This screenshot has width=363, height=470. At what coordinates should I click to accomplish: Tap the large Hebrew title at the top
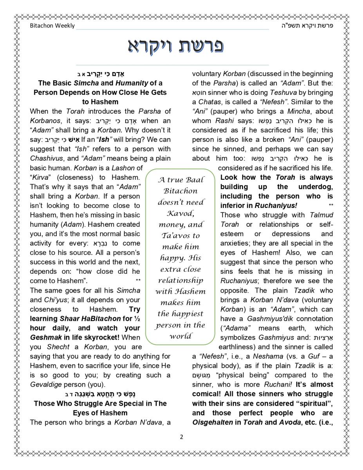click(x=176, y=46)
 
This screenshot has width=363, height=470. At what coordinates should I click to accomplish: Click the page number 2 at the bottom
click(x=181, y=437)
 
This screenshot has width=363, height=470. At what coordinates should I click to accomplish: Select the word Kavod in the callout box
click(x=181, y=213)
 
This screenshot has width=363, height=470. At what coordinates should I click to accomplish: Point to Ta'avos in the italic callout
click(x=181, y=236)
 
